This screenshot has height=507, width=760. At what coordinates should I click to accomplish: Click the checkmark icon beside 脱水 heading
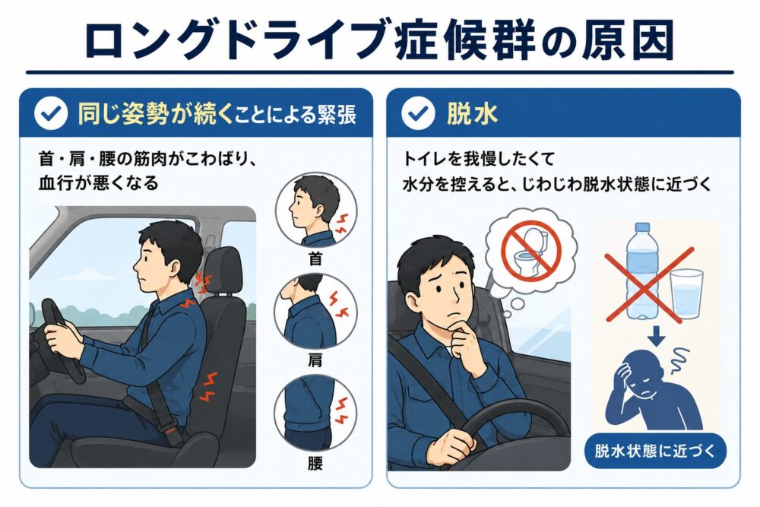(x=418, y=113)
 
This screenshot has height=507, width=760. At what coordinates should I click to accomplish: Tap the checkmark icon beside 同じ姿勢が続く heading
(x=51, y=113)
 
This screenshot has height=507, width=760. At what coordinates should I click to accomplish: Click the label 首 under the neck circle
(x=315, y=258)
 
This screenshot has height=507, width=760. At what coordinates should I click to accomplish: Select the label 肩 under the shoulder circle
(x=315, y=360)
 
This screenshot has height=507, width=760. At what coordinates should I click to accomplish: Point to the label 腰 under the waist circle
(x=315, y=464)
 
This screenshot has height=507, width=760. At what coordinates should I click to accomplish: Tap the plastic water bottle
(x=641, y=271)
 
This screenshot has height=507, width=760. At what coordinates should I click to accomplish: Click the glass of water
(x=686, y=295)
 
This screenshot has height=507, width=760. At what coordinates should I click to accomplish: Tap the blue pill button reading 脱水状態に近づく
(x=655, y=452)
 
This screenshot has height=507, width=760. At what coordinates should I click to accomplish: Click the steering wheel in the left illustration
(x=61, y=339)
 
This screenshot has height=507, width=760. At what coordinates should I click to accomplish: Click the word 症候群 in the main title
(x=464, y=41)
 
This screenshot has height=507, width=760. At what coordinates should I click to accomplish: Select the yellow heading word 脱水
(x=472, y=114)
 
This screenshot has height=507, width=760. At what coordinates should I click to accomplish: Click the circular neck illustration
(x=316, y=211)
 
